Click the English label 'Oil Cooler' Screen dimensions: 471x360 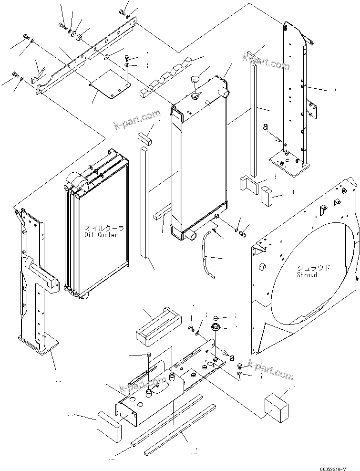pyautogui.click(x=101, y=235)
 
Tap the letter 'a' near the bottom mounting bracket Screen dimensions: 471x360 pyautogui.click(x=232, y=357)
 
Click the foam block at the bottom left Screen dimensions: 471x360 pyautogui.click(x=108, y=426)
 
